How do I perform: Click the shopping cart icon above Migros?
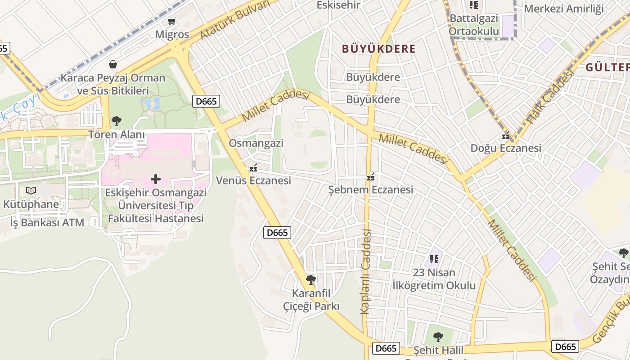[171, 21]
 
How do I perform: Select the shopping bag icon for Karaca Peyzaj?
[112, 64]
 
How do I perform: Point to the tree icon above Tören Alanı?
[116, 121]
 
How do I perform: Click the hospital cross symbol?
[156, 179]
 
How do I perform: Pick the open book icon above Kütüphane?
[31, 191]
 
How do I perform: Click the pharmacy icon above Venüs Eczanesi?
[253, 168]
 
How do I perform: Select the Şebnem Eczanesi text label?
[370, 189]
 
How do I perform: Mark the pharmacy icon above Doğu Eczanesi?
[506, 135]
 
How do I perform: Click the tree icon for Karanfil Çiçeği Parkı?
[310, 280]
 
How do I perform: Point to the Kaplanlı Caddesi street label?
[365, 271]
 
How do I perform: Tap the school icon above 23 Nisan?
[434, 259]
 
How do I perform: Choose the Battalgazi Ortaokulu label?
[474, 25]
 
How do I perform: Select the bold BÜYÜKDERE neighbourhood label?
[378, 49]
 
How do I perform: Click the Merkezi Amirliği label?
[563, 9]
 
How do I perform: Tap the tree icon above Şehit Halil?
[438, 337]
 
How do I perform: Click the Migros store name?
[172, 35]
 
